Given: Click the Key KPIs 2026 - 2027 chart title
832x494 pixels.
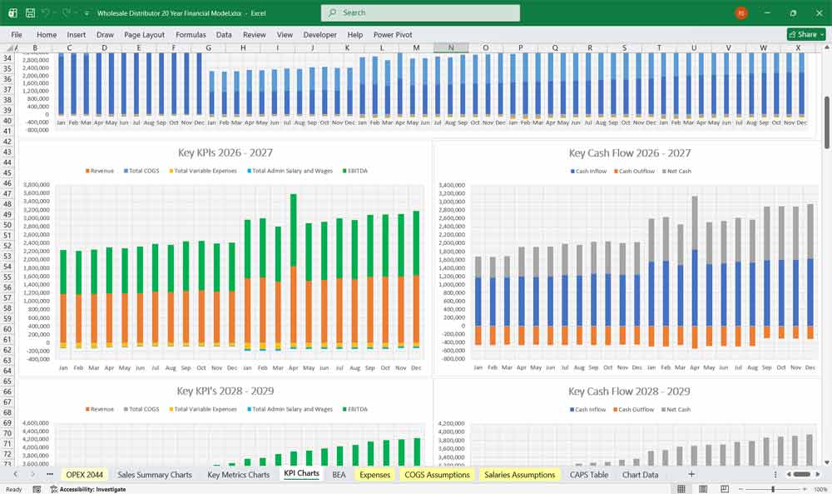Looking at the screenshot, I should coord(225,152).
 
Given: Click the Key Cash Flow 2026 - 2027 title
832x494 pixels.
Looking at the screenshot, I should coord(629,152).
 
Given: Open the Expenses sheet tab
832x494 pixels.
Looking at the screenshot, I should coord(374,474).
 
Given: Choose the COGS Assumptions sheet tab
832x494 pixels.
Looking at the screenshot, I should coord(437,474).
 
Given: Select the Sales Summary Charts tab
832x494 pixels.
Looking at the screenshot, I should coord(154,474).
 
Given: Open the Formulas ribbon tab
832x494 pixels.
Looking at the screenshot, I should coord(191,35).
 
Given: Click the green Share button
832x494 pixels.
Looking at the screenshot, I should coord(805,34).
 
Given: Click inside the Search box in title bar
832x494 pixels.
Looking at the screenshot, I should coord(420,12).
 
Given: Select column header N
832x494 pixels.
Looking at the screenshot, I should coord(451,47).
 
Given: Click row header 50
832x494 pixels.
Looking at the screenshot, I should coord(7,225).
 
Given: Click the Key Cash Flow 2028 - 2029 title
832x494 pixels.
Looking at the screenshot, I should coord(629,391).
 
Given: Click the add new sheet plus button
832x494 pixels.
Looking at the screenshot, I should coord(691,474).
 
